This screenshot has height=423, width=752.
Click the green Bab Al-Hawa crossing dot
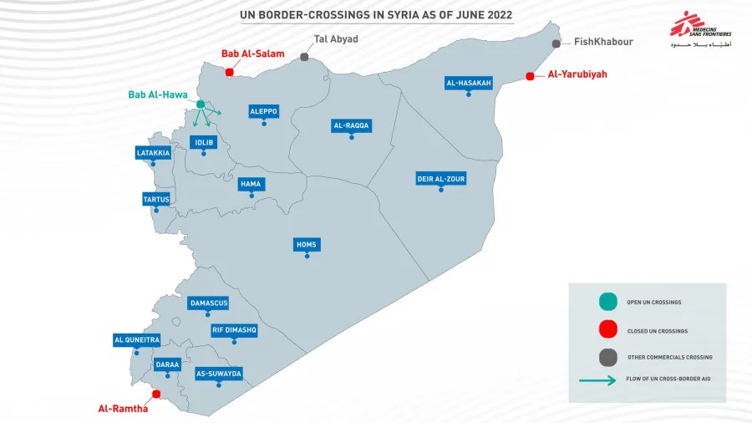click(201, 104)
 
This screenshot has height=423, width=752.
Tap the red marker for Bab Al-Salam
click(229, 71)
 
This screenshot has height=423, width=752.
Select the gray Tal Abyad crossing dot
click(304, 57)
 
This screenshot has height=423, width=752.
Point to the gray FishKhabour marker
click(556, 43)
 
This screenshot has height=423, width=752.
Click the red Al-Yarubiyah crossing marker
click(530, 76)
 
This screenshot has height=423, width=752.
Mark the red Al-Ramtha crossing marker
click(155, 394)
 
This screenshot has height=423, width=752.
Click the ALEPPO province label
click(263, 111)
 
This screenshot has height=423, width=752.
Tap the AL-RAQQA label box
click(351, 125)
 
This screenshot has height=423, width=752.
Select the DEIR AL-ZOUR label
click(441, 178)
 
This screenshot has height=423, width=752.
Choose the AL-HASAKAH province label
click(469, 83)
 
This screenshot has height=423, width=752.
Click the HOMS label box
click(307, 244)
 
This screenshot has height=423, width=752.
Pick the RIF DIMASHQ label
click(234, 330)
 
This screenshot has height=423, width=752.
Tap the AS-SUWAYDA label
click(218, 373)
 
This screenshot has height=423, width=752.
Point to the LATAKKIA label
click(153, 153)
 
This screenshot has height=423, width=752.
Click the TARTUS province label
click(155, 199)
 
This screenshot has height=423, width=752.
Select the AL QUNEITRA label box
click(135, 339)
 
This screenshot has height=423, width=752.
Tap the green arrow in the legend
click(600, 380)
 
